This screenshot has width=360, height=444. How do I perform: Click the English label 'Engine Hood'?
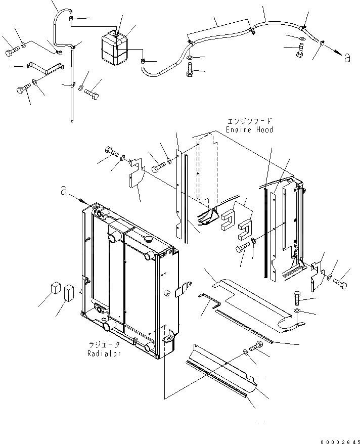point(250,130)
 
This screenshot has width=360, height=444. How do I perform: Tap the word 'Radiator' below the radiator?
point(104,353)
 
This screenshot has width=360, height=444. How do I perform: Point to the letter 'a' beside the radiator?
point(64,191)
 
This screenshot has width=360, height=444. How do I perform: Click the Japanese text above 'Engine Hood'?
point(250,121)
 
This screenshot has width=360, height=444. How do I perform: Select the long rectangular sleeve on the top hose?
point(218,31)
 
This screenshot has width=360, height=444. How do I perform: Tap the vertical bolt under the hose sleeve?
point(190,70)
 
